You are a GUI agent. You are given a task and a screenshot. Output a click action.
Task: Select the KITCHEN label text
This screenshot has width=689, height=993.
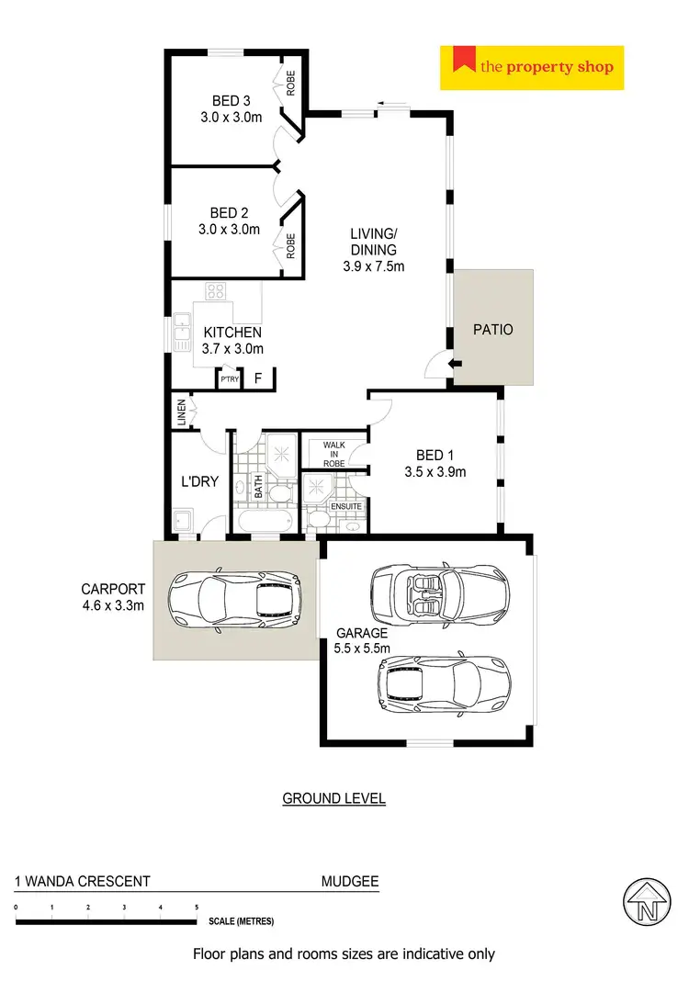232,332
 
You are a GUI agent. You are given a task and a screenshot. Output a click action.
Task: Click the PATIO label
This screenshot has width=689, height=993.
492,330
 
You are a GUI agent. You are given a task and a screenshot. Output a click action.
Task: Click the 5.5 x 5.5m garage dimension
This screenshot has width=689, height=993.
363,649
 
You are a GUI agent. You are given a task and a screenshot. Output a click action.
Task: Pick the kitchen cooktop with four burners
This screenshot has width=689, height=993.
216,292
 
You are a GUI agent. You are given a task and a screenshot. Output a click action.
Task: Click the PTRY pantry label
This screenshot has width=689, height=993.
229,378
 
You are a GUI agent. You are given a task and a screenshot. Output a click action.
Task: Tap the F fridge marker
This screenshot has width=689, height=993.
258,378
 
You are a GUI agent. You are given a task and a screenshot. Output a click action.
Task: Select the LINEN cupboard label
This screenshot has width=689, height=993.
182,412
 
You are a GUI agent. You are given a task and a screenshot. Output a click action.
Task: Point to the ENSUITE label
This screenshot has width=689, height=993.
347,506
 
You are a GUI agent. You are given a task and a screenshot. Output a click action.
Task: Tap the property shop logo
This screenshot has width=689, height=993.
532,67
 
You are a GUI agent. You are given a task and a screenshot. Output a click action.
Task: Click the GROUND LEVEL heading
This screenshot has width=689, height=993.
333,798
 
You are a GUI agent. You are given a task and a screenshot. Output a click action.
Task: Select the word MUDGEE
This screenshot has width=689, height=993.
349,882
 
